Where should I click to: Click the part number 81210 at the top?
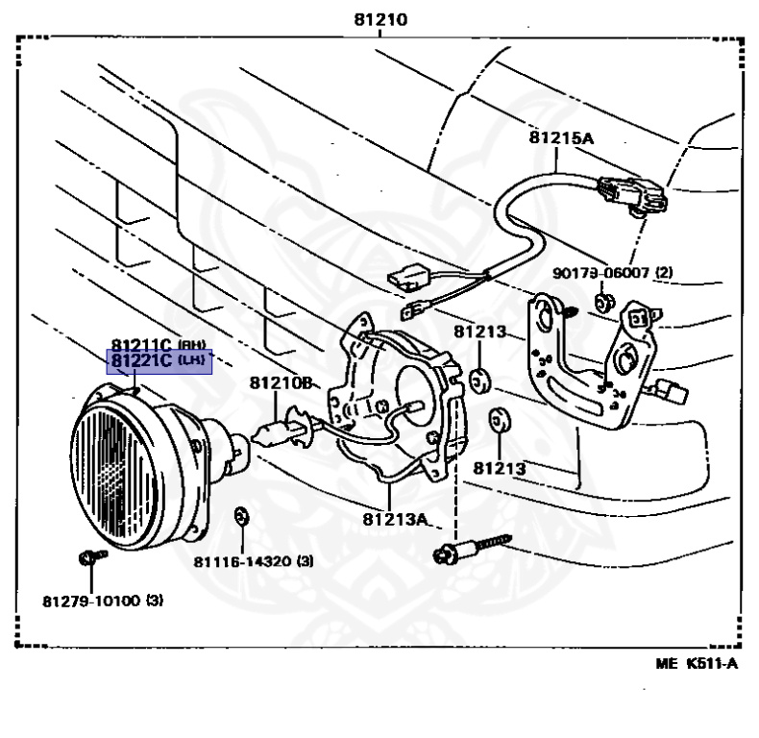coord(379,18)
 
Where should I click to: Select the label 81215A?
coord(562,137)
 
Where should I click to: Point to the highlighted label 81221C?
coord(141,360)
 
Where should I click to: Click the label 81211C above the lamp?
coord(141,344)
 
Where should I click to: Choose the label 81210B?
coord(281,382)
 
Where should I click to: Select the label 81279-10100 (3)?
coord(103,601)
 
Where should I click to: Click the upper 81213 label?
coord(479,332)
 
